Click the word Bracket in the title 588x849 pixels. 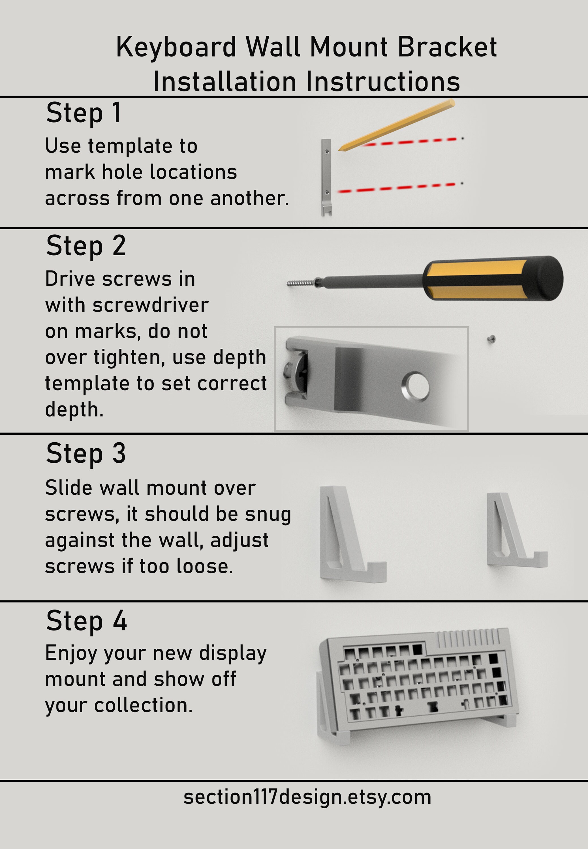447,47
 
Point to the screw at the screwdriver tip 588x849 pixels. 300,283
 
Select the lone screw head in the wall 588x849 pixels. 491,339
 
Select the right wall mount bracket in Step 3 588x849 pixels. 512,532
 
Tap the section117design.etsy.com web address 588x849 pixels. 307,797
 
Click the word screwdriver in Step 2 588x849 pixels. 151,305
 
